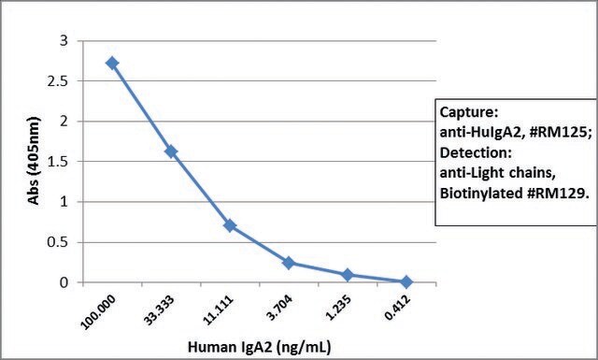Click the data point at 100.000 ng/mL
[112, 63]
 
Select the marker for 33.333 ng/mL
[171, 151]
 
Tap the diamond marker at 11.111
[230, 225]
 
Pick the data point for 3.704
[289, 263]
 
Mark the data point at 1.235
[348, 275]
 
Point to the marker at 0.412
[406, 282]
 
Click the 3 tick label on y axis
[64, 40]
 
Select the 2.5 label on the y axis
[58, 81]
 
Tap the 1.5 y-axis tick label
[58, 162]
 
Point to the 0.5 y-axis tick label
[58, 242]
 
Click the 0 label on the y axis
[64, 282]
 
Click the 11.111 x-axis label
[218, 310]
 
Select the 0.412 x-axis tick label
[397, 308]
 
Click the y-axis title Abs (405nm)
[34, 161]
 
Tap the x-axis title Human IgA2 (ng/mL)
[260, 347]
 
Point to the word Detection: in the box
[476, 152]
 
